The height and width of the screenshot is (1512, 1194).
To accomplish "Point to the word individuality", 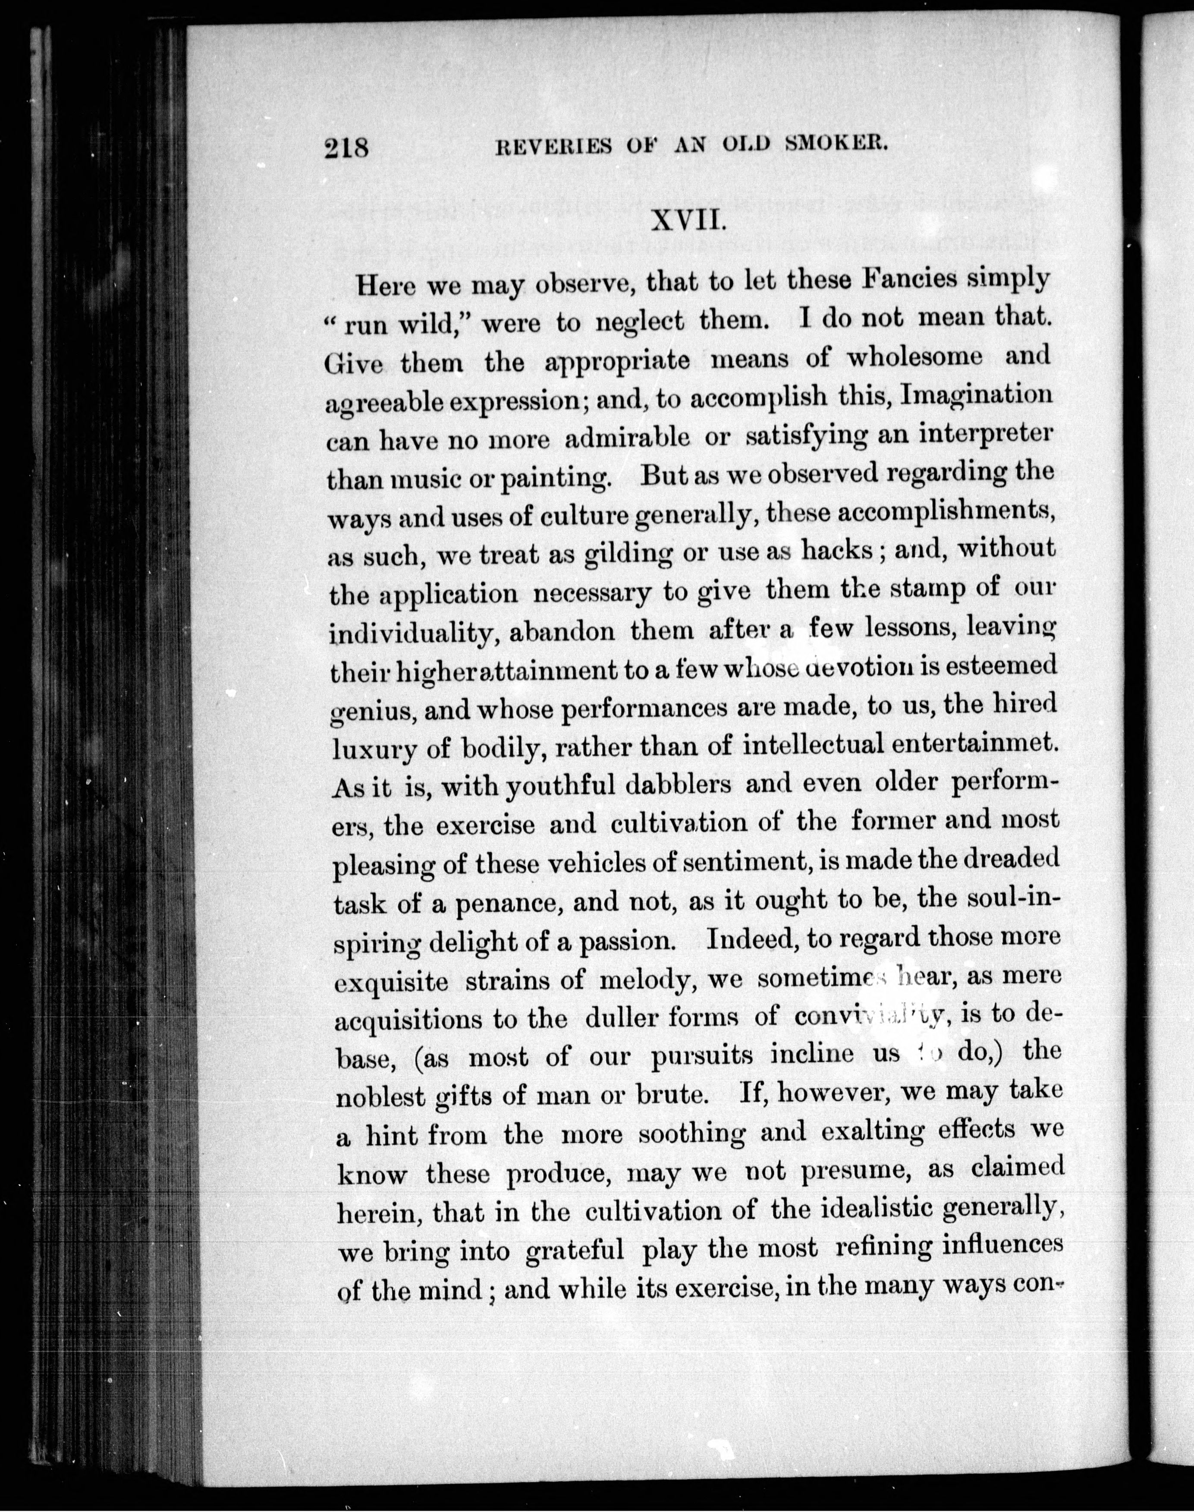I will [x=412, y=633].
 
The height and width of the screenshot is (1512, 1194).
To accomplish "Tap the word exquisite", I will [x=392, y=982].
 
